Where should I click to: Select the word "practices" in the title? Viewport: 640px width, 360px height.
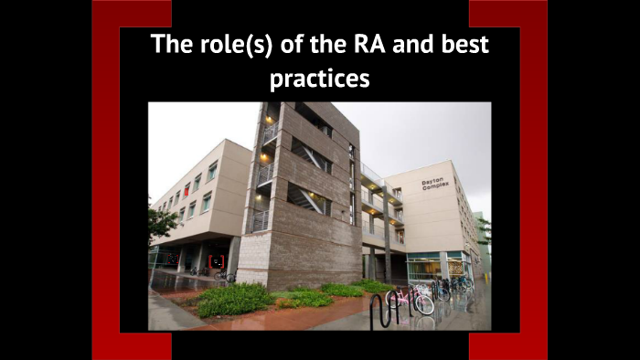coord(320,79)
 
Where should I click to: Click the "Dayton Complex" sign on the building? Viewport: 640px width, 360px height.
coord(435,183)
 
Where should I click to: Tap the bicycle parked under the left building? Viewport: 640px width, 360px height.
coord(224,276)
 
